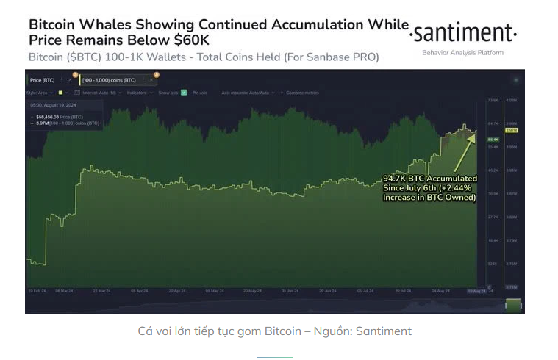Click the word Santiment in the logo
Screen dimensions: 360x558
click(463, 34)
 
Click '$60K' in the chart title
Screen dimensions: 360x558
click(190, 40)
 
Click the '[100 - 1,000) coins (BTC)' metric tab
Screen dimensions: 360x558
click(108, 79)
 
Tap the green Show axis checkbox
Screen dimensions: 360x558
click(184, 93)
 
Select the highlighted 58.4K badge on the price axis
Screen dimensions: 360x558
click(493, 139)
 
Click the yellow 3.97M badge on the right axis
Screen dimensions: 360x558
click(512, 130)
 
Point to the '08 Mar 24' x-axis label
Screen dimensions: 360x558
click(65, 291)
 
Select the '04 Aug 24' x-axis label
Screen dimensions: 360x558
click(440, 291)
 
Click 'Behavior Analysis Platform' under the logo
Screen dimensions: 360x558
click(463, 53)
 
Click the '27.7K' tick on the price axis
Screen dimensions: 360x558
click(493, 217)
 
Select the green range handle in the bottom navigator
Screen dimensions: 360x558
click(513, 303)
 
